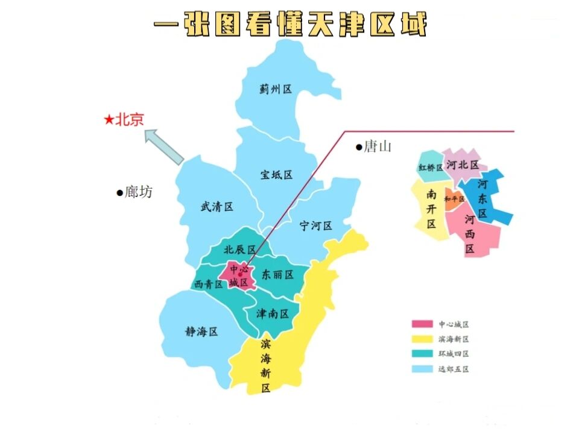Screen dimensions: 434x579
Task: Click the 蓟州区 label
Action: [276, 89]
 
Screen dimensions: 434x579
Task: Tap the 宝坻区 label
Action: [276, 175]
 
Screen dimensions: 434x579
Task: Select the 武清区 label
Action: [217, 207]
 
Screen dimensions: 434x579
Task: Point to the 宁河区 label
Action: [316, 226]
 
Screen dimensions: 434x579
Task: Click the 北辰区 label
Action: [239, 250]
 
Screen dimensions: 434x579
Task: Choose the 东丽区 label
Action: [277, 275]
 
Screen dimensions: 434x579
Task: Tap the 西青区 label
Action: [208, 285]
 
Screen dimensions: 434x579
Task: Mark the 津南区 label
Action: [273, 313]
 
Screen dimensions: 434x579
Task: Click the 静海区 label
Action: [201, 332]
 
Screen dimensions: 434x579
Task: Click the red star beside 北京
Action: [109, 121]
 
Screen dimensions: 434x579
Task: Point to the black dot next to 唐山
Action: [358, 146]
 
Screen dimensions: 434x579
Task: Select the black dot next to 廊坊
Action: [119, 193]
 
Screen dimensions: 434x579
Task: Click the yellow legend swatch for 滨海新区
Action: [422, 339]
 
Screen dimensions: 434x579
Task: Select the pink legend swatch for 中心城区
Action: [422, 324]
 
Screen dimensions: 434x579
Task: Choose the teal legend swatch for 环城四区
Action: [422, 354]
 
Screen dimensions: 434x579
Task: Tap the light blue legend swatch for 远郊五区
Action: [422, 370]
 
